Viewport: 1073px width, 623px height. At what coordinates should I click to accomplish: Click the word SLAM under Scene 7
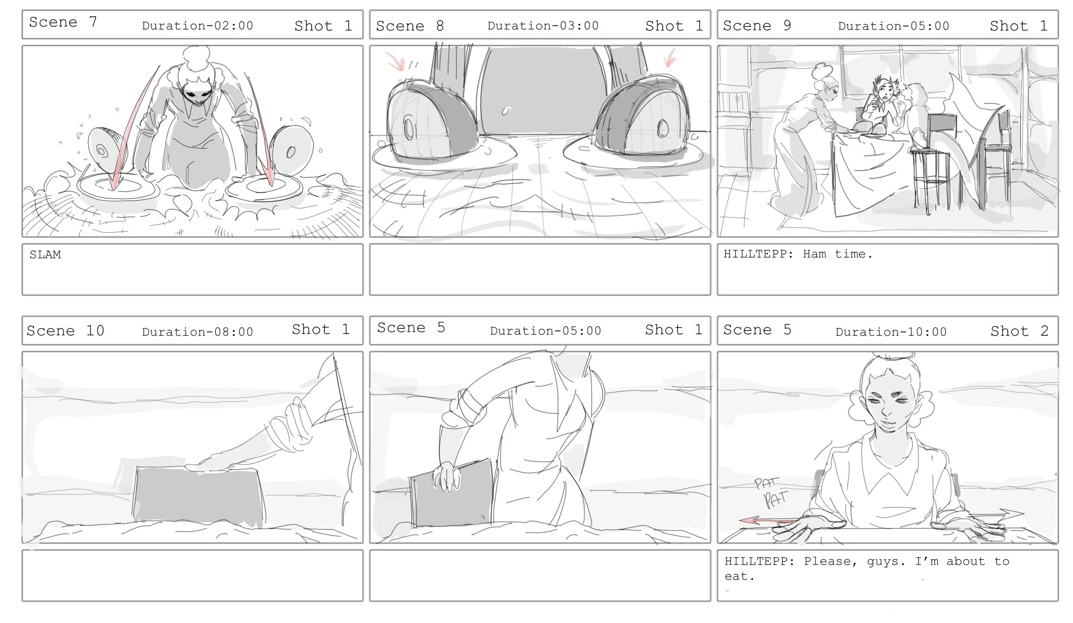click(45, 255)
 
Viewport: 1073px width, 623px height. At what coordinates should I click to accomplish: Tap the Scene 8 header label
click(410, 26)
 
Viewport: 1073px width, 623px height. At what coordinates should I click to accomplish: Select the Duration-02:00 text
click(197, 26)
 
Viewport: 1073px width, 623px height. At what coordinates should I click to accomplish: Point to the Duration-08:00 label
click(197, 331)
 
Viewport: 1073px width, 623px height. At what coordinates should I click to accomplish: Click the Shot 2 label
click(1019, 331)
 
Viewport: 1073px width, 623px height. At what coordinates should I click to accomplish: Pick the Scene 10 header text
click(65, 331)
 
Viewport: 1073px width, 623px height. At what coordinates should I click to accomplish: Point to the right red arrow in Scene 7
click(262, 129)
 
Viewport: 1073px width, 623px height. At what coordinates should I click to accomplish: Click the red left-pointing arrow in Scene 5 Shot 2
click(768, 521)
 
